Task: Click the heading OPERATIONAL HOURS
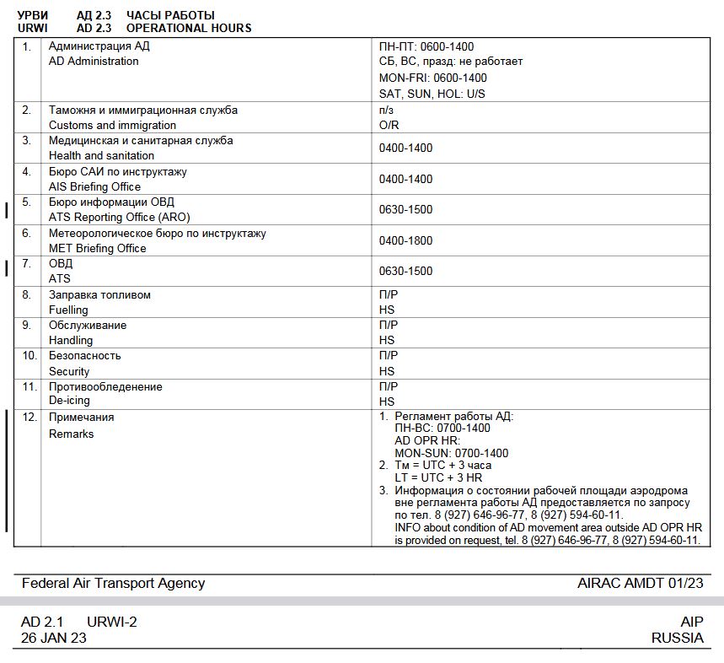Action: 189,28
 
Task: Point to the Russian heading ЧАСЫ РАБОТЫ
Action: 170,15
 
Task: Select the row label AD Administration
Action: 94,62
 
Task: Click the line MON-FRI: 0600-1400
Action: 432,78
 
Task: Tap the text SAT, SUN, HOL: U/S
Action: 432,94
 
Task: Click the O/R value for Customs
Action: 389,125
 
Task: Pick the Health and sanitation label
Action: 101,155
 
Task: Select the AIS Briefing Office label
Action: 94,186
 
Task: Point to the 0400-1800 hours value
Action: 405,240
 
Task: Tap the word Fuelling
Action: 68,310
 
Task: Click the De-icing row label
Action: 69,402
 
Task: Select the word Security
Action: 69,371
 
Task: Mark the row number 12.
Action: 30,417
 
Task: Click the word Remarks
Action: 71,434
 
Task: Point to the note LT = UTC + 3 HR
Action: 438,477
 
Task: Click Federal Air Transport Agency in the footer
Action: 113,583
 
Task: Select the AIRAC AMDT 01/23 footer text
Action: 640,583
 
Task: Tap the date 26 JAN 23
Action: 53,638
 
